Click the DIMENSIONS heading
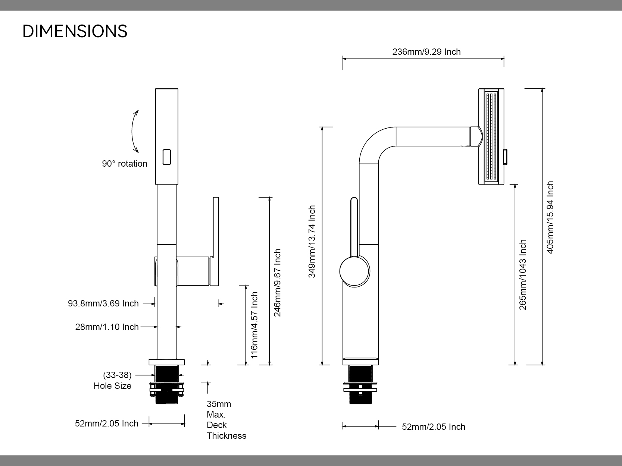pos(75,31)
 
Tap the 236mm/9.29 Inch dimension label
pos(426,52)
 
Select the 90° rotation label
pos(125,164)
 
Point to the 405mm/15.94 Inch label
pos(550,217)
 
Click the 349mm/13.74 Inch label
pos(312,242)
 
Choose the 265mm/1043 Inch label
pos(523,274)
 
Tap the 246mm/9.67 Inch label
pos(278,283)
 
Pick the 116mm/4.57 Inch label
pos(254,325)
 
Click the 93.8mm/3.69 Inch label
pos(103,303)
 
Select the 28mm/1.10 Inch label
pos(107,327)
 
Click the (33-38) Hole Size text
pos(113,380)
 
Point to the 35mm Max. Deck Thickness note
pos(226,420)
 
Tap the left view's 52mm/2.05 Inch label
pos(107,424)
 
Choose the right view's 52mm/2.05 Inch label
pos(433,427)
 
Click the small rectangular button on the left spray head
pos(167,157)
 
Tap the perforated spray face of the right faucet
pos(491,136)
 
